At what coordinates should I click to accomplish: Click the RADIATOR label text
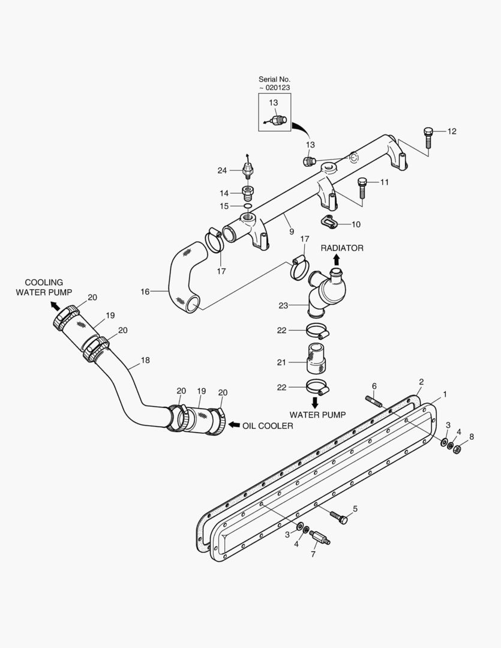341,248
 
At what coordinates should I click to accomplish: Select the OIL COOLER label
268,426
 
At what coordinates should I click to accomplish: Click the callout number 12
452,131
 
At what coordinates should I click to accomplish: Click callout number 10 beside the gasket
356,224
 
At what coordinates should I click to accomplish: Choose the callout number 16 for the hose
145,292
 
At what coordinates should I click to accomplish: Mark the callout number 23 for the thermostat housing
283,305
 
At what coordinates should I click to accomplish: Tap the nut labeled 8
456,449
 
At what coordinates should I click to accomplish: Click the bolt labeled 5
338,517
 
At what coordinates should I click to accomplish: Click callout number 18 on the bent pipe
145,361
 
